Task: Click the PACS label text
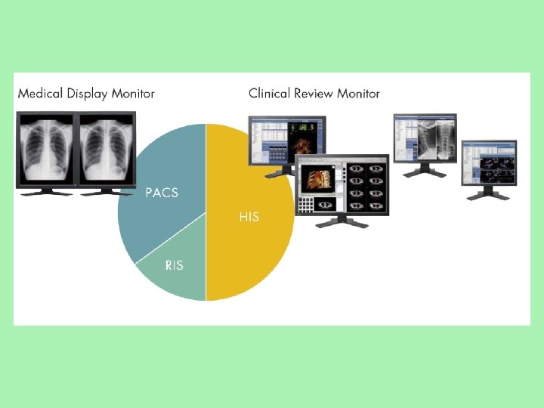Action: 162,193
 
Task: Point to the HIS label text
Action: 249,217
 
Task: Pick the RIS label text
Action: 174,265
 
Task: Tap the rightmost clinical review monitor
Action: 490,162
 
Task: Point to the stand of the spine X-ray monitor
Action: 424,172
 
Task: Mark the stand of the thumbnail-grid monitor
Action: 344,222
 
